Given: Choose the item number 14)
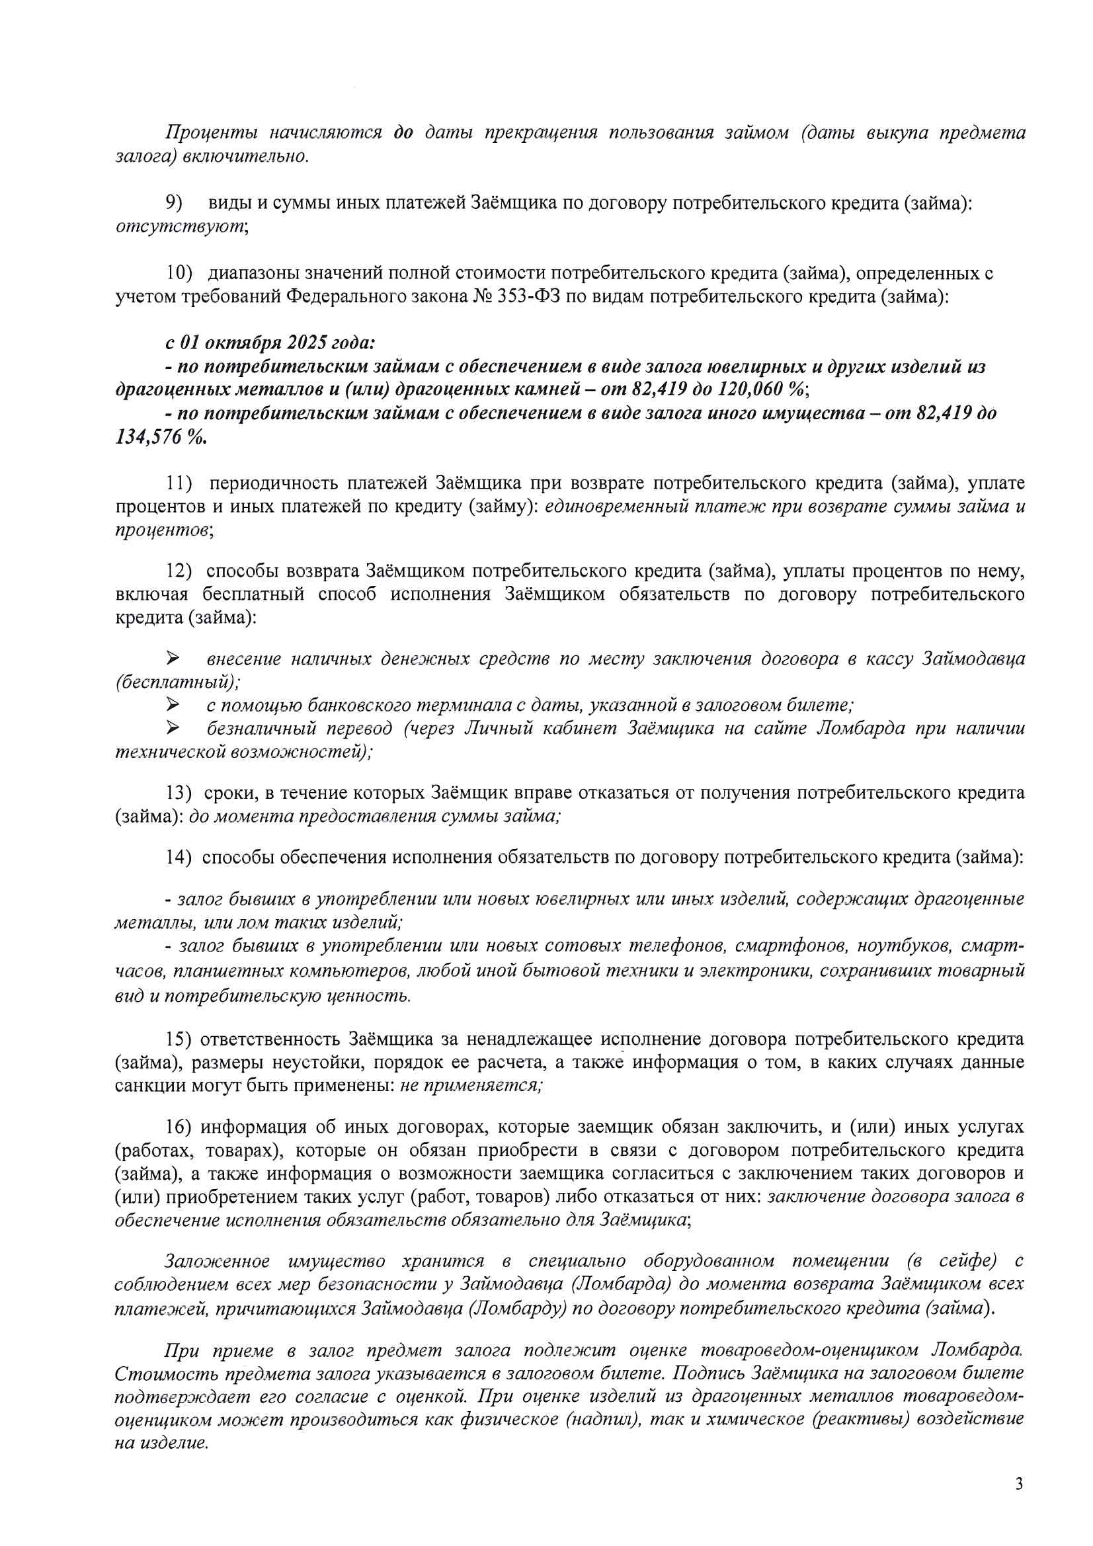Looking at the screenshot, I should click(179, 857).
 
